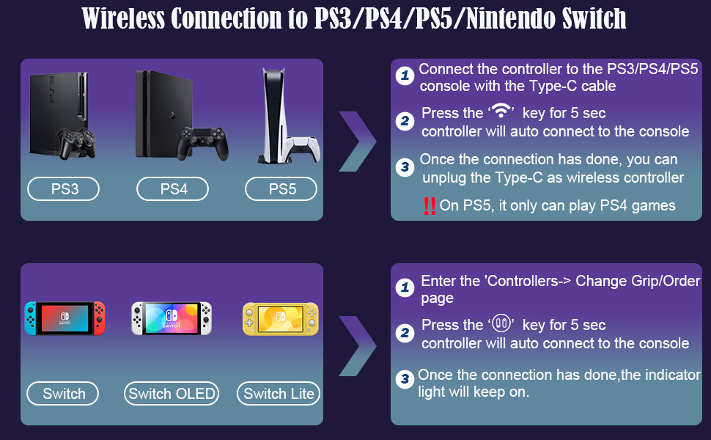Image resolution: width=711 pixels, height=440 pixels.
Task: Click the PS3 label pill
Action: click(64, 188)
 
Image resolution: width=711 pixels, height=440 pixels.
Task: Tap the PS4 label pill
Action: click(173, 188)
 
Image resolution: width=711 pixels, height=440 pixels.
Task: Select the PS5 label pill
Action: click(281, 188)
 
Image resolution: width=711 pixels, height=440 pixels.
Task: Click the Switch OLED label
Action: click(172, 393)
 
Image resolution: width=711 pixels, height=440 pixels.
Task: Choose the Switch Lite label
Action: click(279, 393)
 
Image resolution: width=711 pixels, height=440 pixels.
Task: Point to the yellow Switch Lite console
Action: click(281, 319)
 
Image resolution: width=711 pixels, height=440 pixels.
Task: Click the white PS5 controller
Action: click(302, 148)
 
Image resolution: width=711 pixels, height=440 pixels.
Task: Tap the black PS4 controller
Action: click(202, 143)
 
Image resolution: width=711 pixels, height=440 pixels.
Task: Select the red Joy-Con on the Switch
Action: click(99, 318)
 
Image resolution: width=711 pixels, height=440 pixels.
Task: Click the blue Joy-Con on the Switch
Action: click(31, 318)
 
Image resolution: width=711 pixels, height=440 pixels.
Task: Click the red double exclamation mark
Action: click(430, 206)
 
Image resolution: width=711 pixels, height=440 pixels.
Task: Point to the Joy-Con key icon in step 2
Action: click(501, 323)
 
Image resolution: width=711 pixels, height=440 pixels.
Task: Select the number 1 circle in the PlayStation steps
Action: click(405, 76)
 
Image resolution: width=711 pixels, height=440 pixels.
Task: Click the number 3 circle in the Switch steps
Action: click(405, 378)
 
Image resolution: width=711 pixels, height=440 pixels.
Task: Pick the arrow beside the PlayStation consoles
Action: click(358, 141)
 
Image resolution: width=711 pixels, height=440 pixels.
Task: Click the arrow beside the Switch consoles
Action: click(358, 346)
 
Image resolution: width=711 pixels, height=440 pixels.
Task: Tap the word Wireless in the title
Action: click(123, 18)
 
